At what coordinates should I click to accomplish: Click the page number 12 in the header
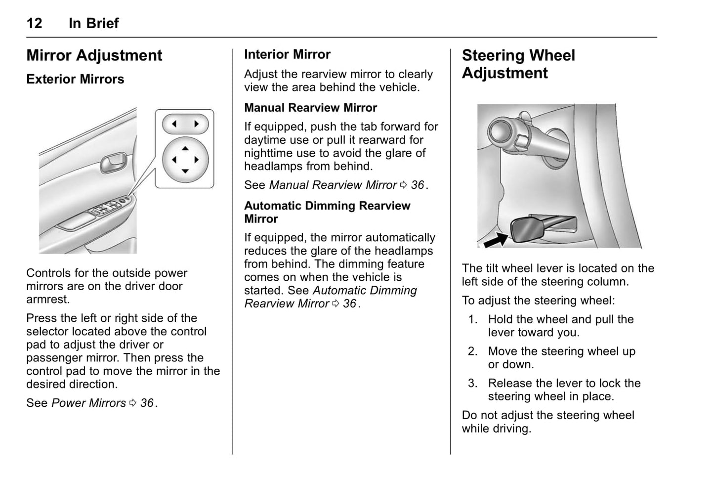click(34, 23)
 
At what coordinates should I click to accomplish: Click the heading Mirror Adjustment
click(94, 55)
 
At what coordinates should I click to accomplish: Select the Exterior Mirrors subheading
click(75, 79)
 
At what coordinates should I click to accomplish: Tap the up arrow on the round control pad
click(185, 148)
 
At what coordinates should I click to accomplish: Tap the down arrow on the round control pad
click(185, 172)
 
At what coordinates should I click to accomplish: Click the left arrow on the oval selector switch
click(174, 124)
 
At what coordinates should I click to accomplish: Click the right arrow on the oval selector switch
click(197, 124)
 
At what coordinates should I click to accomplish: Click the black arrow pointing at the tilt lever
click(496, 240)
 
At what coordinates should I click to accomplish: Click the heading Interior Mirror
click(287, 54)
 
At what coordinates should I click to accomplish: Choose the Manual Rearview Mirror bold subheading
click(310, 108)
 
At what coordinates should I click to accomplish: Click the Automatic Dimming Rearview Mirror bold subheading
click(327, 212)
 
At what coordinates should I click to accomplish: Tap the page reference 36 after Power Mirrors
click(147, 403)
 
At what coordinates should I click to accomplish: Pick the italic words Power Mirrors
click(88, 403)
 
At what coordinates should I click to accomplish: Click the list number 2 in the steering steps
click(472, 351)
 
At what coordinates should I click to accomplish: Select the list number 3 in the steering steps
click(472, 384)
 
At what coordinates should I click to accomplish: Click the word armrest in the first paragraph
click(48, 300)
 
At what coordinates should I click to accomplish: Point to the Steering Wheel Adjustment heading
click(518, 64)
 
